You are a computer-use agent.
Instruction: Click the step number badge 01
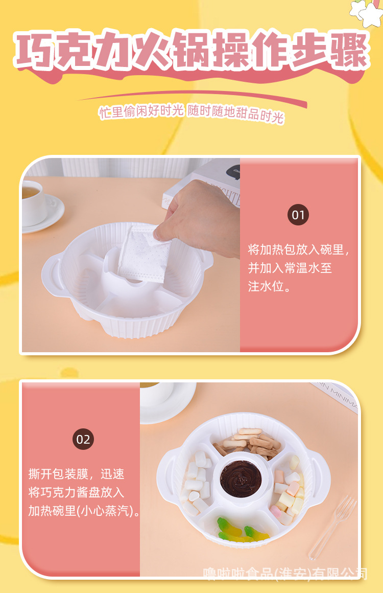(x=298, y=215)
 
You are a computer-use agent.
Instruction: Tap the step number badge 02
(x=83, y=439)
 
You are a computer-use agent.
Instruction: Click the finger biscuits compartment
(x=248, y=443)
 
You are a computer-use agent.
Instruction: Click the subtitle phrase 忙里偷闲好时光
(x=141, y=111)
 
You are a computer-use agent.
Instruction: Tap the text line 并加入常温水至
(x=290, y=268)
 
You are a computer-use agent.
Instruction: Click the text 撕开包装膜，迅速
(x=76, y=474)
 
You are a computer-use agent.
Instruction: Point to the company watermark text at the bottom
(x=285, y=574)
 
